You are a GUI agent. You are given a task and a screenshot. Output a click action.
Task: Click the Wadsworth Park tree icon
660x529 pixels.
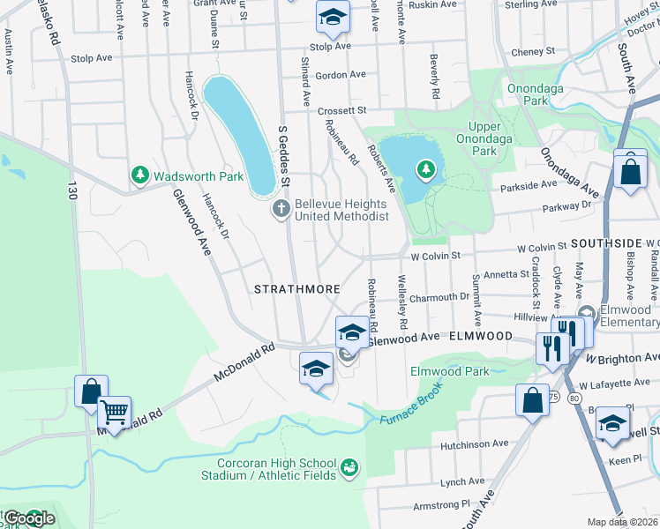coord(139,176)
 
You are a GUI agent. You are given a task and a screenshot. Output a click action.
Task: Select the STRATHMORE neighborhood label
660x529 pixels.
coord(285,289)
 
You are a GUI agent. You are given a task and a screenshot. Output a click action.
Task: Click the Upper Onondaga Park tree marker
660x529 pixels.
coord(426,168)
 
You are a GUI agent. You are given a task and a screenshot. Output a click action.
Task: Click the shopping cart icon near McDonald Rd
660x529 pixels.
coord(114,410)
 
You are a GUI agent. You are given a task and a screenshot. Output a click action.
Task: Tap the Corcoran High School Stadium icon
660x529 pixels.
coord(349,465)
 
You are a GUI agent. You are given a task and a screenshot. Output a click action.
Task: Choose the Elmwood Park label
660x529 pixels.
coord(450,371)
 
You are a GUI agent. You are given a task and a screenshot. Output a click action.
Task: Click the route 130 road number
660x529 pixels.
coord(71,189)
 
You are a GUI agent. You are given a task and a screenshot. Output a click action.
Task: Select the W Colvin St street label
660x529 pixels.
coord(436,256)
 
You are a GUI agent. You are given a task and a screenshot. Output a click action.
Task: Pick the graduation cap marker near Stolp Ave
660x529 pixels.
coord(333,17)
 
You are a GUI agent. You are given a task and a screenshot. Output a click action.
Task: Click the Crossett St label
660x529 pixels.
coord(342,111)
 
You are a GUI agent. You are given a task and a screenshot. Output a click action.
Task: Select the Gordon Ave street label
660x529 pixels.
coord(340,75)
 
